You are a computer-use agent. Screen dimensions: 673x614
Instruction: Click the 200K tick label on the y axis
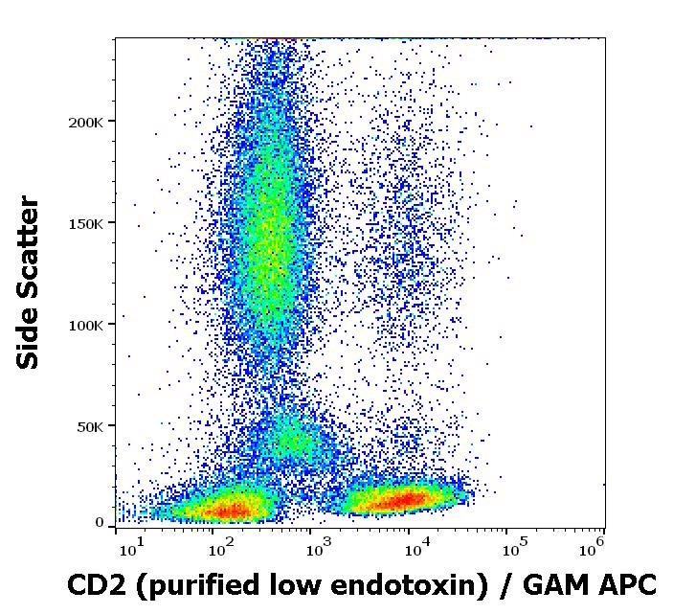[86, 123]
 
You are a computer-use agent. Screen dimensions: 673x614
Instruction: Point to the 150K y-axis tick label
[86, 224]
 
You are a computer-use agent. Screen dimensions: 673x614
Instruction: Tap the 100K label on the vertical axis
[86, 326]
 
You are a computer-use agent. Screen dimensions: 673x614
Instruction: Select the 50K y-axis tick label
[90, 427]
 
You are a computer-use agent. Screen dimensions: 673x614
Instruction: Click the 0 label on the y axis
[100, 523]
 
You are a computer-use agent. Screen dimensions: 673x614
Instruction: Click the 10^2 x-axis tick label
[221, 548]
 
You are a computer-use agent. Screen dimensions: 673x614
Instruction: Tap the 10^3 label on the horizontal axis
[320, 548]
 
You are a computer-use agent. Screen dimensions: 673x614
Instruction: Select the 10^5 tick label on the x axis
[516, 548]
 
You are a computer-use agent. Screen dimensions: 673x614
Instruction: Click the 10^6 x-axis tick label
[592, 548]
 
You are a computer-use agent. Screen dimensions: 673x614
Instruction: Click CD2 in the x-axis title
[97, 585]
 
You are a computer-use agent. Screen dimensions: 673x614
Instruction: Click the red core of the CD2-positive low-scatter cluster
[407, 500]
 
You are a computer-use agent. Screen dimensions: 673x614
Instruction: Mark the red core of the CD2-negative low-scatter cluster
[233, 511]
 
